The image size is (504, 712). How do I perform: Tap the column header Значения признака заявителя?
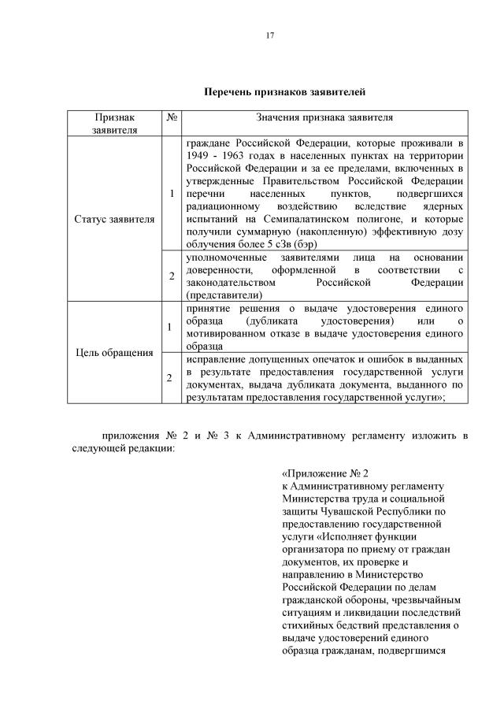pos(324,117)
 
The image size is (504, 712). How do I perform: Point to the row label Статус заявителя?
pos(113,218)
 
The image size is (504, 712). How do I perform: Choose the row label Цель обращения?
pos(113,352)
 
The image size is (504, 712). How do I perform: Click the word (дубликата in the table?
pos(272,321)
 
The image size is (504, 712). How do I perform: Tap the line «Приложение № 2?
pos(325,474)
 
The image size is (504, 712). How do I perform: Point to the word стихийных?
pos(309,625)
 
